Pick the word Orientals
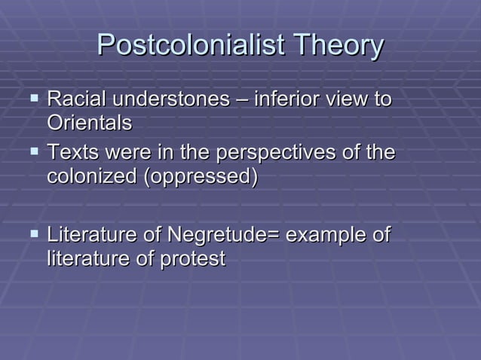[89, 122]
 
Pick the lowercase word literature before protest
[89, 258]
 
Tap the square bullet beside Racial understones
[31, 98]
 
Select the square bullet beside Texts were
[31, 152]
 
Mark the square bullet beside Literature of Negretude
[31, 234]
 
